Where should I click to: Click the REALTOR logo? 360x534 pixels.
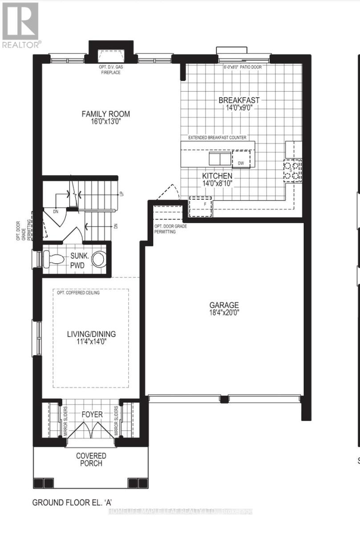click(x=20, y=24)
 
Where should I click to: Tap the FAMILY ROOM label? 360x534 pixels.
click(x=102, y=114)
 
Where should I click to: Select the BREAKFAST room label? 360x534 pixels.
click(x=239, y=100)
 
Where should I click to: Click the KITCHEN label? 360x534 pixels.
click(x=217, y=176)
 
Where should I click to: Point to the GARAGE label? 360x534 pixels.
click(x=224, y=305)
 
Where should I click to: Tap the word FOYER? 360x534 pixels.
click(x=92, y=414)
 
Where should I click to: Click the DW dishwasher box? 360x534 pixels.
click(x=241, y=163)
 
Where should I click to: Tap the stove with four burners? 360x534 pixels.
click(x=293, y=169)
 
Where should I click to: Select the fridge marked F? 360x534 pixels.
click(x=200, y=206)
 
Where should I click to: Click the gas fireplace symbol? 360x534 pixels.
click(x=111, y=57)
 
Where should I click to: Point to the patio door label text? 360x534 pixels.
click(x=243, y=67)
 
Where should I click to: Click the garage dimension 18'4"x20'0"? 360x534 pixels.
click(x=224, y=312)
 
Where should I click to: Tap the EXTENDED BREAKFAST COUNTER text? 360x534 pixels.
click(x=217, y=138)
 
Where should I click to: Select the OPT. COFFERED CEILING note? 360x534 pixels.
click(x=78, y=293)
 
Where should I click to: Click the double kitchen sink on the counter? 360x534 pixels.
click(x=220, y=159)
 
